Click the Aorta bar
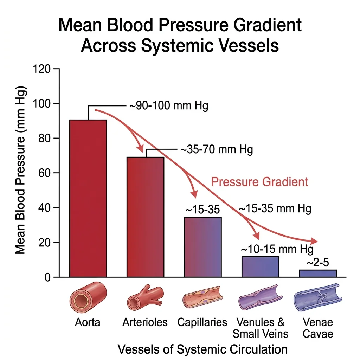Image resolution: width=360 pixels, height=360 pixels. pos(88,199)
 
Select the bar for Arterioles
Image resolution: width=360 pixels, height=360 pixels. pos(145,217)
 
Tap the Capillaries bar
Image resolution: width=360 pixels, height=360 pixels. pos(203,247)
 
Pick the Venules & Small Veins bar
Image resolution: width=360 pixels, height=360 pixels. pos(260,267)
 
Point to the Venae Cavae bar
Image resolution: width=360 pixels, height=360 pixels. pos(318,274)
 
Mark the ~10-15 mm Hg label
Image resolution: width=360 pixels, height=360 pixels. pos(277,249)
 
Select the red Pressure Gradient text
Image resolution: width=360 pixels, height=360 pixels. pos(259,182)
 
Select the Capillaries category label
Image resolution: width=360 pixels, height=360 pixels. pos(202,322)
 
